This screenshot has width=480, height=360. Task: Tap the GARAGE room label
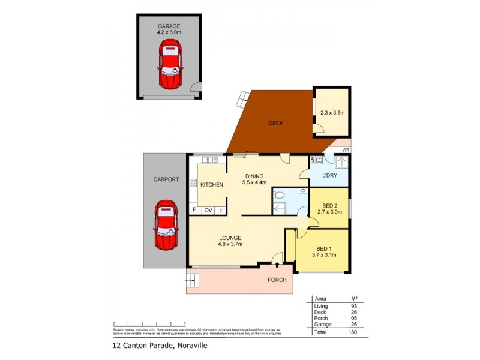tap(169, 26)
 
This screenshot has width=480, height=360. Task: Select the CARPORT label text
tap(166, 179)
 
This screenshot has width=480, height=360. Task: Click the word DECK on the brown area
tap(276, 123)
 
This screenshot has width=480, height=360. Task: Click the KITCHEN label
tap(212, 185)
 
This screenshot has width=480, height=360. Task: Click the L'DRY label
tap(329, 175)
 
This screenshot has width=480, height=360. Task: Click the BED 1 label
tap(324, 248)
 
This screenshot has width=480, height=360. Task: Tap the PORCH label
tap(277, 280)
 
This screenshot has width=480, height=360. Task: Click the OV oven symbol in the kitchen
tap(208, 211)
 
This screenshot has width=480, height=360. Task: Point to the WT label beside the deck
tap(345, 149)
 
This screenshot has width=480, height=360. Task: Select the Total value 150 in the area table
tap(353, 332)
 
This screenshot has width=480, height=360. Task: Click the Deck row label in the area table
tap(321, 312)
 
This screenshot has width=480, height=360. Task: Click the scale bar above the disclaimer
tap(144, 324)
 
